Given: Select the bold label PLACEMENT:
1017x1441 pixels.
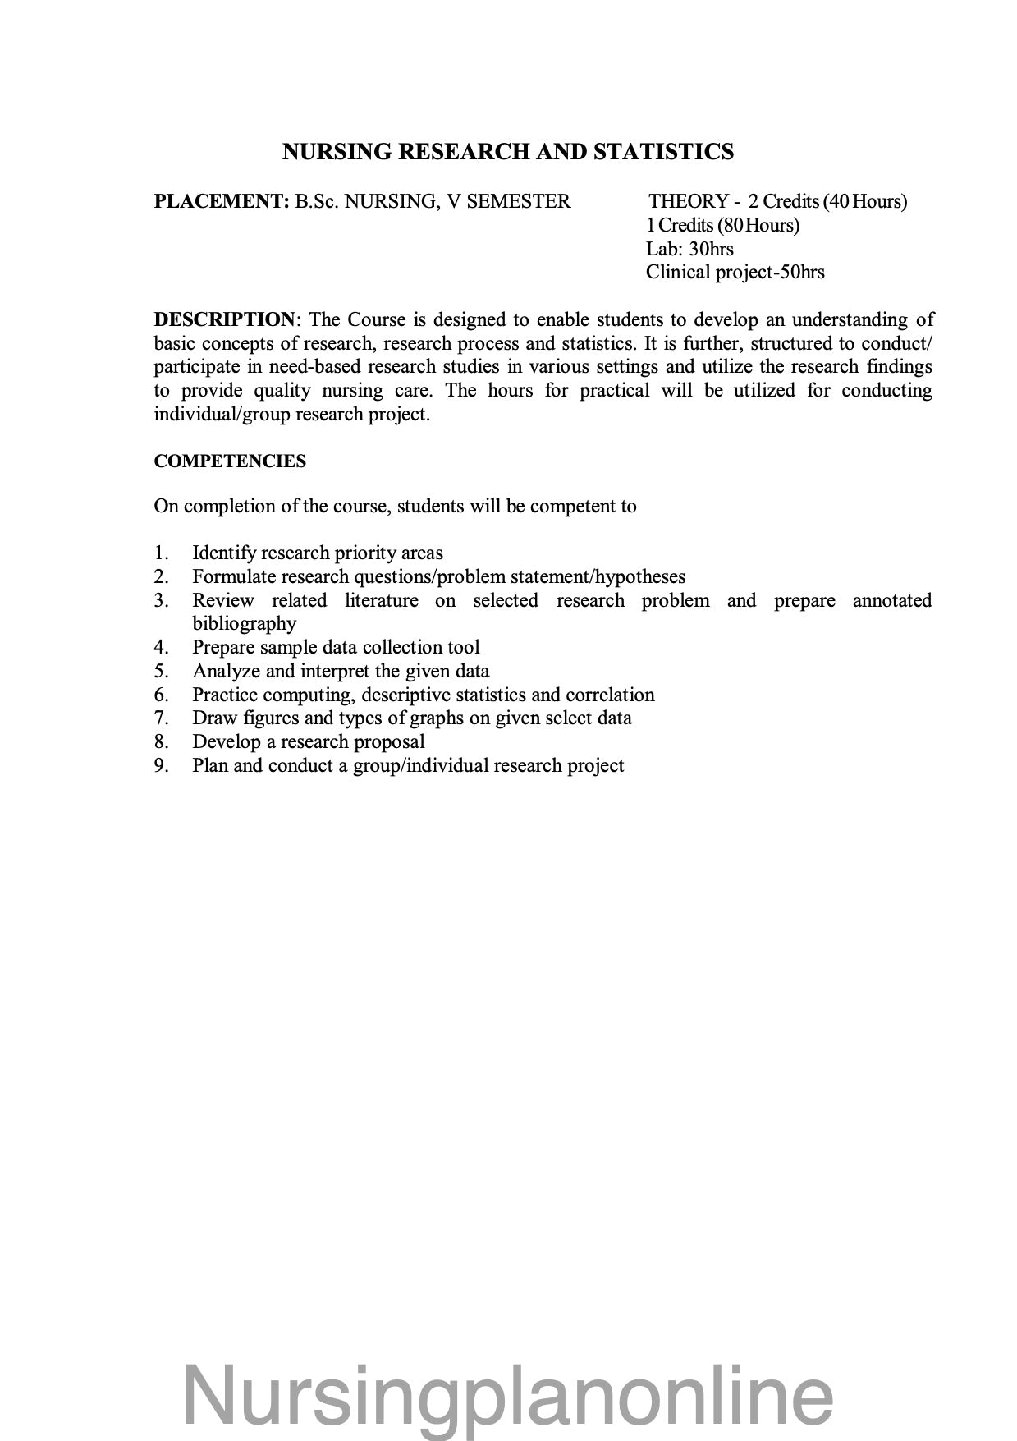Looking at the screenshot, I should pos(218,202).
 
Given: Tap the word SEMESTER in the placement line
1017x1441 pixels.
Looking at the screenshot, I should pos(518,202).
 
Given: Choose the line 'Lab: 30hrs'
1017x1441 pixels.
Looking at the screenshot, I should pos(689,249).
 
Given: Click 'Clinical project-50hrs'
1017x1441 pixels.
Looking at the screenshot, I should pos(735,273).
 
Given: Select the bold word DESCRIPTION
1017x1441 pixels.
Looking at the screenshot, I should pos(224,319).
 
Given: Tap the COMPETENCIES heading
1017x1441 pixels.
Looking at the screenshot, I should pos(230,461).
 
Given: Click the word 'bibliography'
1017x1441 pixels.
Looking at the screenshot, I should pos(244,624).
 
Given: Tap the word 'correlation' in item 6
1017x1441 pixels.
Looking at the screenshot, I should pos(610,695).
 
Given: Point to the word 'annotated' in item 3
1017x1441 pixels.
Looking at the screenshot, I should pos(891,601).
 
